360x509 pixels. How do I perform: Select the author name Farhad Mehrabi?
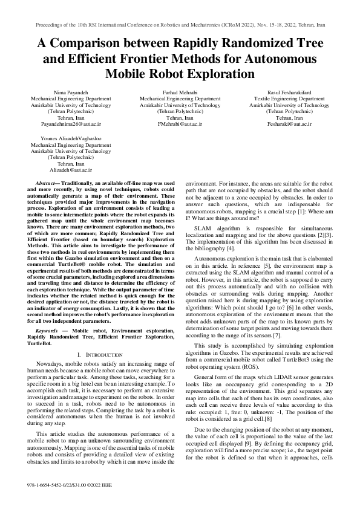click(x=180, y=91)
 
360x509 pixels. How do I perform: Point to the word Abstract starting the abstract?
click(x=49, y=183)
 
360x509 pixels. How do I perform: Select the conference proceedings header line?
click(x=180, y=27)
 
